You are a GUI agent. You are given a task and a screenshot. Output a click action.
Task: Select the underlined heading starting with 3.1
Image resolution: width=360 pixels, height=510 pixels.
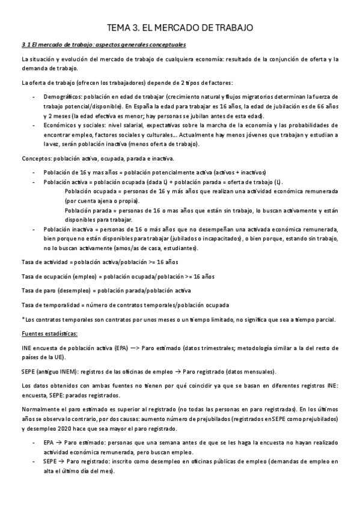(x=103, y=45)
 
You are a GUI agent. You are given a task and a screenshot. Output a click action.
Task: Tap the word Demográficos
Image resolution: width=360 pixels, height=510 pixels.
(x=61, y=96)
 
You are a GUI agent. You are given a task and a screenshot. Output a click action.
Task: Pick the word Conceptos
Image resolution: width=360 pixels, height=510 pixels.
(x=35, y=159)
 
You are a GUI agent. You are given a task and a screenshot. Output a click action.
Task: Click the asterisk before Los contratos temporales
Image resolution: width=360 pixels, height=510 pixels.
(x=23, y=319)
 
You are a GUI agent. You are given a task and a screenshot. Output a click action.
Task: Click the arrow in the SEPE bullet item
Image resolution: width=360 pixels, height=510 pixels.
(x=61, y=461)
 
